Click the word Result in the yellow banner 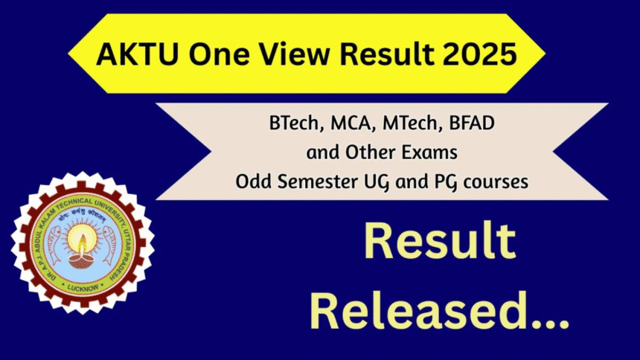(377, 56)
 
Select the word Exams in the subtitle (431, 152)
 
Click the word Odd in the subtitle (251, 181)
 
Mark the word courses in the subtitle (495, 181)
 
